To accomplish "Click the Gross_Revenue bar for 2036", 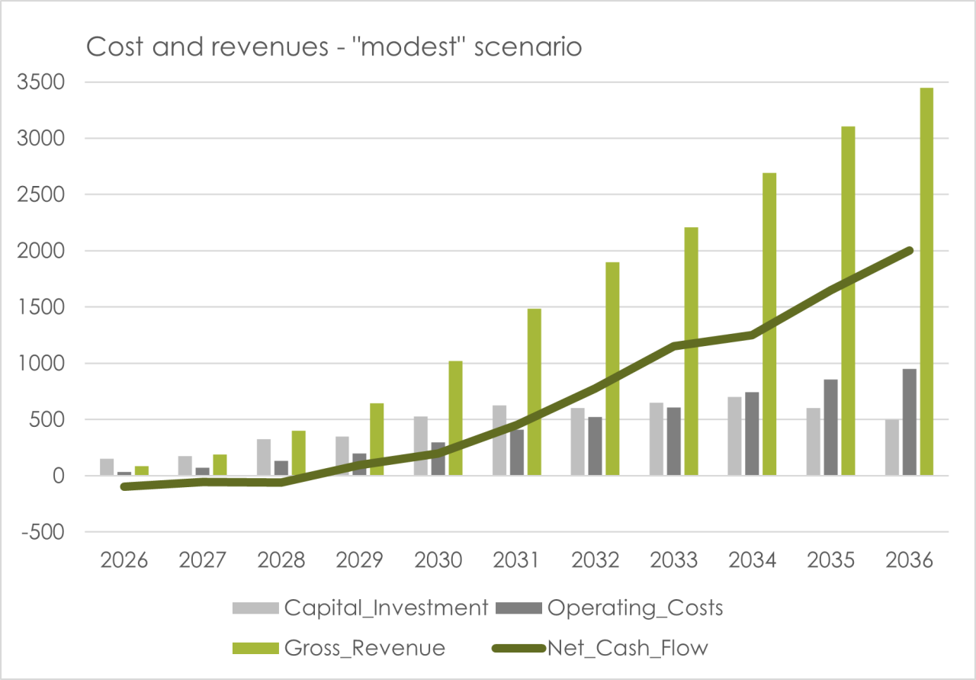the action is [x=926, y=281].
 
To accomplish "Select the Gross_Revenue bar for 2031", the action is [x=535, y=392].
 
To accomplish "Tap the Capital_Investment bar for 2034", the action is [x=734, y=436].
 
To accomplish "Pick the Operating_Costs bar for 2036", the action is [x=910, y=422].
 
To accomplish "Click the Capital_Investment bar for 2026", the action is [x=107, y=467].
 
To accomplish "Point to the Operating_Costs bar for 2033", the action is [x=673, y=441].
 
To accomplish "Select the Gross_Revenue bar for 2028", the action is [x=298, y=453].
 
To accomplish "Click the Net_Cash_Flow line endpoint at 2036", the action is [x=910, y=251].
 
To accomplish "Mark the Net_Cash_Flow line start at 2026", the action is [x=124, y=486].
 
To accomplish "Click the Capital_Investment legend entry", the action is [x=360, y=608].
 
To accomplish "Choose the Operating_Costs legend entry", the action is [x=609, y=608].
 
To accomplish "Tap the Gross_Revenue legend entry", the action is [x=339, y=648].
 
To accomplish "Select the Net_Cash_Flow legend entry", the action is [x=600, y=648].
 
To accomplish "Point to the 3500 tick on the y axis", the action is [x=40, y=82].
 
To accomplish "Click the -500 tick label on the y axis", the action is [x=43, y=532].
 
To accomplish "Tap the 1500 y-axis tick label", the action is [x=40, y=307].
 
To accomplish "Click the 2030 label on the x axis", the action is [x=438, y=560].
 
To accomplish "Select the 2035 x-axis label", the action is [x=830, y=560].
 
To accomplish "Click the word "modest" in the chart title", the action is [x=408, y=47].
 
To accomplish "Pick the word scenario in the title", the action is [x=528, y=47].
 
